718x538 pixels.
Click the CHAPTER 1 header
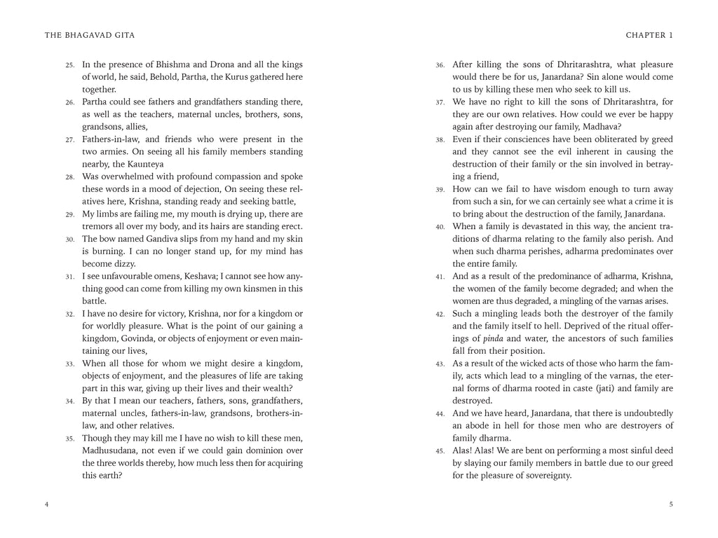(649, 35)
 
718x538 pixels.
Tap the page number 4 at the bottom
(46, 504)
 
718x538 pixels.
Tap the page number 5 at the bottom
(671, 504)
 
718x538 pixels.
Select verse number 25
(70, 65)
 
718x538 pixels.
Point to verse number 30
(70, 240)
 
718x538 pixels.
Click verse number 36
(440, 65)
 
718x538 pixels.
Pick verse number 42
(440, 315)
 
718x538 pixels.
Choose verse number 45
(440, 451)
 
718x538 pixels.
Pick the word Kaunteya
(145, 164)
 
